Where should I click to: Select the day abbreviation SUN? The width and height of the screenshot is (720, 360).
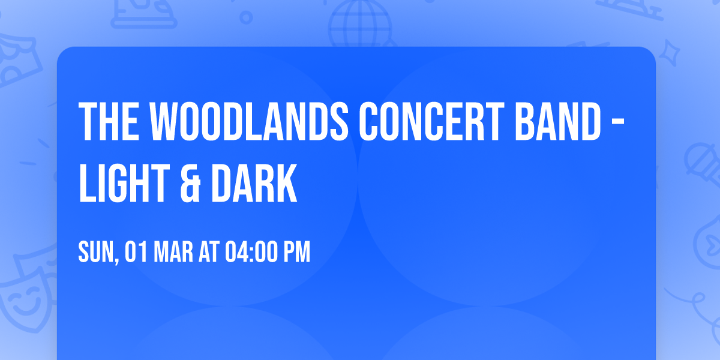[x=95, y=253]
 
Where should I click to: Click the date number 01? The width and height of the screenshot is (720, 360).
[x=136, y=253]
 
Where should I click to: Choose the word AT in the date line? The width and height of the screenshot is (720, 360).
[x=209, y=253]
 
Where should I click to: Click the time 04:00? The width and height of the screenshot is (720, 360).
[x=251, y=253]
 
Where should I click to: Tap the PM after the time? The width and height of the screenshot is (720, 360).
[x=297, y=253]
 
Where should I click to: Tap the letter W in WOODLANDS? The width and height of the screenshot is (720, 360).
[x=158, y=121]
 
